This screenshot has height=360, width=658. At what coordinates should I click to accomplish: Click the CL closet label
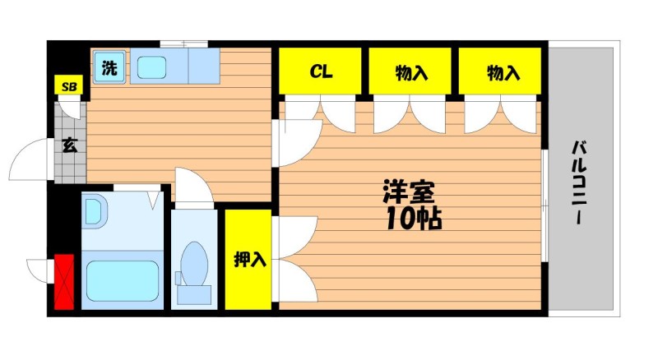coord(321,72)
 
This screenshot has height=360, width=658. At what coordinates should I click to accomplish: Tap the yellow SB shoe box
coord(69,86)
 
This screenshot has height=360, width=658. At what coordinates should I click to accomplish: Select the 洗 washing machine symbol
coord(109,67)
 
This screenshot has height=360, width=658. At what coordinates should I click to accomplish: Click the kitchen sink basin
coord(151,67)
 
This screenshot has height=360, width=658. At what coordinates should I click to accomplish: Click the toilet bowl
coord(194,264)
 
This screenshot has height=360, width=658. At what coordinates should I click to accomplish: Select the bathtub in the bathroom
coord(123,281)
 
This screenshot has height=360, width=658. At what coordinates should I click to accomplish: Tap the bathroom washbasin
coord(95,213)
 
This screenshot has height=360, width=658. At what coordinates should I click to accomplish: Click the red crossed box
coord(64,282)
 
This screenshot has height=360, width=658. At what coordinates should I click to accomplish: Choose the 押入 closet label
coord(250,259)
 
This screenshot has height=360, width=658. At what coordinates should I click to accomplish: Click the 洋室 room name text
coord(408,192)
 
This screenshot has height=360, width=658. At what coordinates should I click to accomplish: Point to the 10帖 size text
coord(414,218)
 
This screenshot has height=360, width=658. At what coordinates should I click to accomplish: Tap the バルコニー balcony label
coord(579,184)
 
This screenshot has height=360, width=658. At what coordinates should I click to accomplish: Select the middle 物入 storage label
coord(412,73)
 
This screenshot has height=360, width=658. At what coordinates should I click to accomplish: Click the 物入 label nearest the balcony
coord(503,73)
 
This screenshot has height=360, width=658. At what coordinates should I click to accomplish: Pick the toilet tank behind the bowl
coord(194,294)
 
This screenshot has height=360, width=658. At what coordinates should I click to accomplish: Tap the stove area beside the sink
coord(204,66)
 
